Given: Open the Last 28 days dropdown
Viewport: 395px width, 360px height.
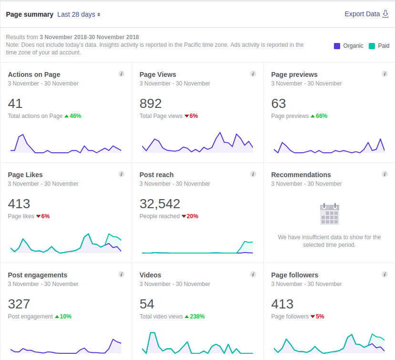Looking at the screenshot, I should tap(79, 14).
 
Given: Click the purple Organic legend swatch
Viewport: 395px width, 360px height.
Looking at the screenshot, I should tap(337, 46).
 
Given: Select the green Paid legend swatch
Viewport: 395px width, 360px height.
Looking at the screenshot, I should tap(372, 46).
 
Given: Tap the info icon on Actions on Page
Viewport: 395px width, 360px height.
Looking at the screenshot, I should tap(121, 74).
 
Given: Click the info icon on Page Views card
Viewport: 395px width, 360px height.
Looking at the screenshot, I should tap(253, 74).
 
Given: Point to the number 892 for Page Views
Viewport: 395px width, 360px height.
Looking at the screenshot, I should tap(150, 103).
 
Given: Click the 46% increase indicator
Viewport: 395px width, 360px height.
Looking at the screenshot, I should tap(73, 116).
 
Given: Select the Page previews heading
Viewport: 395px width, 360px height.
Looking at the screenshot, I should tap(294, 74).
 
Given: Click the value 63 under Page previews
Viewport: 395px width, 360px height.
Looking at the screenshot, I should tap(278, 103).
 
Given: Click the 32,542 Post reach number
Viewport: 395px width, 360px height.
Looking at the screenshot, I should tap(160, 204).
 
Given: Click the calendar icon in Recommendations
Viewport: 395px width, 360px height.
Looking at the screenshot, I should tap(329, 213).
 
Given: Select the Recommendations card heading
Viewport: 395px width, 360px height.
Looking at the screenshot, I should tap(301, 175).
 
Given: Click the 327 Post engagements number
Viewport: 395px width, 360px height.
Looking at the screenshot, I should tap(19, 304).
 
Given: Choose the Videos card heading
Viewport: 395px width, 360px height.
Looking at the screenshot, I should tap(150, 275).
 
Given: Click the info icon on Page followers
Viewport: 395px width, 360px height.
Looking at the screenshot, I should tap(385, 275).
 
